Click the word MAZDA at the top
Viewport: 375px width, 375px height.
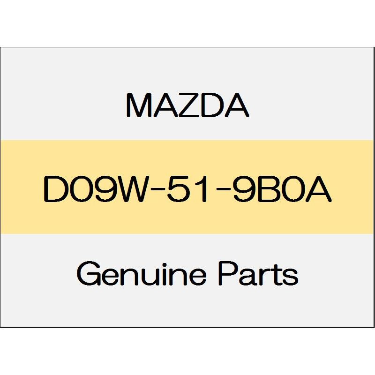187,105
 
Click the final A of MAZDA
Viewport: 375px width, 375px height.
237,105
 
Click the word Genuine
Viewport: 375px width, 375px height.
142,273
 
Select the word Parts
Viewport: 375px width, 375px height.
258,273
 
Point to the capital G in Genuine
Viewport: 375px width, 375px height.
89,273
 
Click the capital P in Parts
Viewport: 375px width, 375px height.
228,273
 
